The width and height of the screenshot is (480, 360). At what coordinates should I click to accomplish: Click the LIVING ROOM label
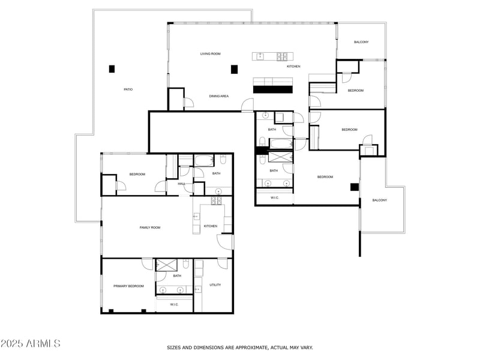211,54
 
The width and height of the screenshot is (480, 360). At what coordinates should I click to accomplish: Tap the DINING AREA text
219,96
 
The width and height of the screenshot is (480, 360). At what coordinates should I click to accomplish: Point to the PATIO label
128,89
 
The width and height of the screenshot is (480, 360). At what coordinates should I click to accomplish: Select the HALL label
181,184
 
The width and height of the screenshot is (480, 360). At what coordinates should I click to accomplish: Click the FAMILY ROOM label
150,227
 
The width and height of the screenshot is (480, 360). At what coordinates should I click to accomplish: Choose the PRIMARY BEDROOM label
129,286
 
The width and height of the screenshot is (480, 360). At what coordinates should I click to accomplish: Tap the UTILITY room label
215,285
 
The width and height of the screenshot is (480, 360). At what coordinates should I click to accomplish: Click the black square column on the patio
112,69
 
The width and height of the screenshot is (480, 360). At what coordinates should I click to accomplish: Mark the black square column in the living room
234,69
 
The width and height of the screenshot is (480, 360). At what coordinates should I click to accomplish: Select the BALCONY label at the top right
361,42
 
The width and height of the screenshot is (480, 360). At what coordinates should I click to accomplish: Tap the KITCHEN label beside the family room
211,226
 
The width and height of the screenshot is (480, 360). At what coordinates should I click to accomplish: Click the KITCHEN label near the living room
293,66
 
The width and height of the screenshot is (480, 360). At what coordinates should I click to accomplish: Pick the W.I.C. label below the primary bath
175,304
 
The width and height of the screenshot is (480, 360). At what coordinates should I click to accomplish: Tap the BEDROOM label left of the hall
137,174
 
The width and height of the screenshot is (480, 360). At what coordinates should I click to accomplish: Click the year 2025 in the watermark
12,344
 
